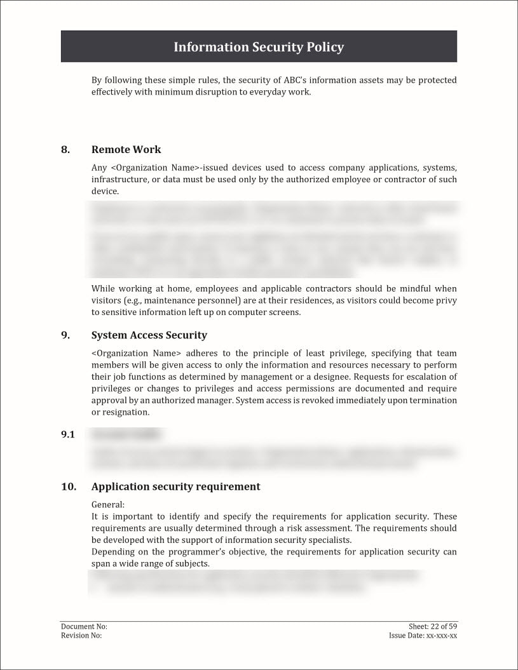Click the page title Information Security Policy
click(x=259, y=47)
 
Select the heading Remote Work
click(x=126, y=150)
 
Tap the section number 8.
click(x=65, y=150)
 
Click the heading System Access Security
click(x=149, y=335)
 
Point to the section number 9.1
click(x=68, y=435)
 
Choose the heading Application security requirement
click(x=175, y=487)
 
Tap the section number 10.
click(x=69, y=487)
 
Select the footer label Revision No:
click(x=81, y=636)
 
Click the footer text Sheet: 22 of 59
click(x=433, y=627)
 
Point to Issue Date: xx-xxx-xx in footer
click(x=423, y=636)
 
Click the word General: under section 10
click(x=108, y=505)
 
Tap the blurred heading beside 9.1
click(x=127, y=435)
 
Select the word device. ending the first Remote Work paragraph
click(x=105, y=191)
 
